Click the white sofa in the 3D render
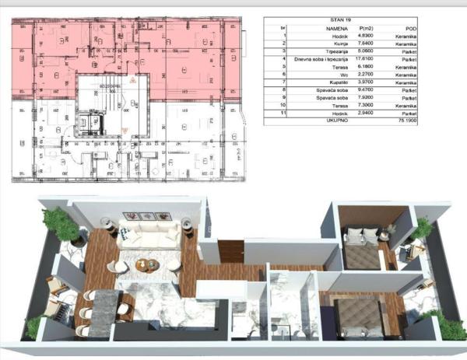click(x=148, y=235)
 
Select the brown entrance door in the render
click(x=231, y=251)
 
